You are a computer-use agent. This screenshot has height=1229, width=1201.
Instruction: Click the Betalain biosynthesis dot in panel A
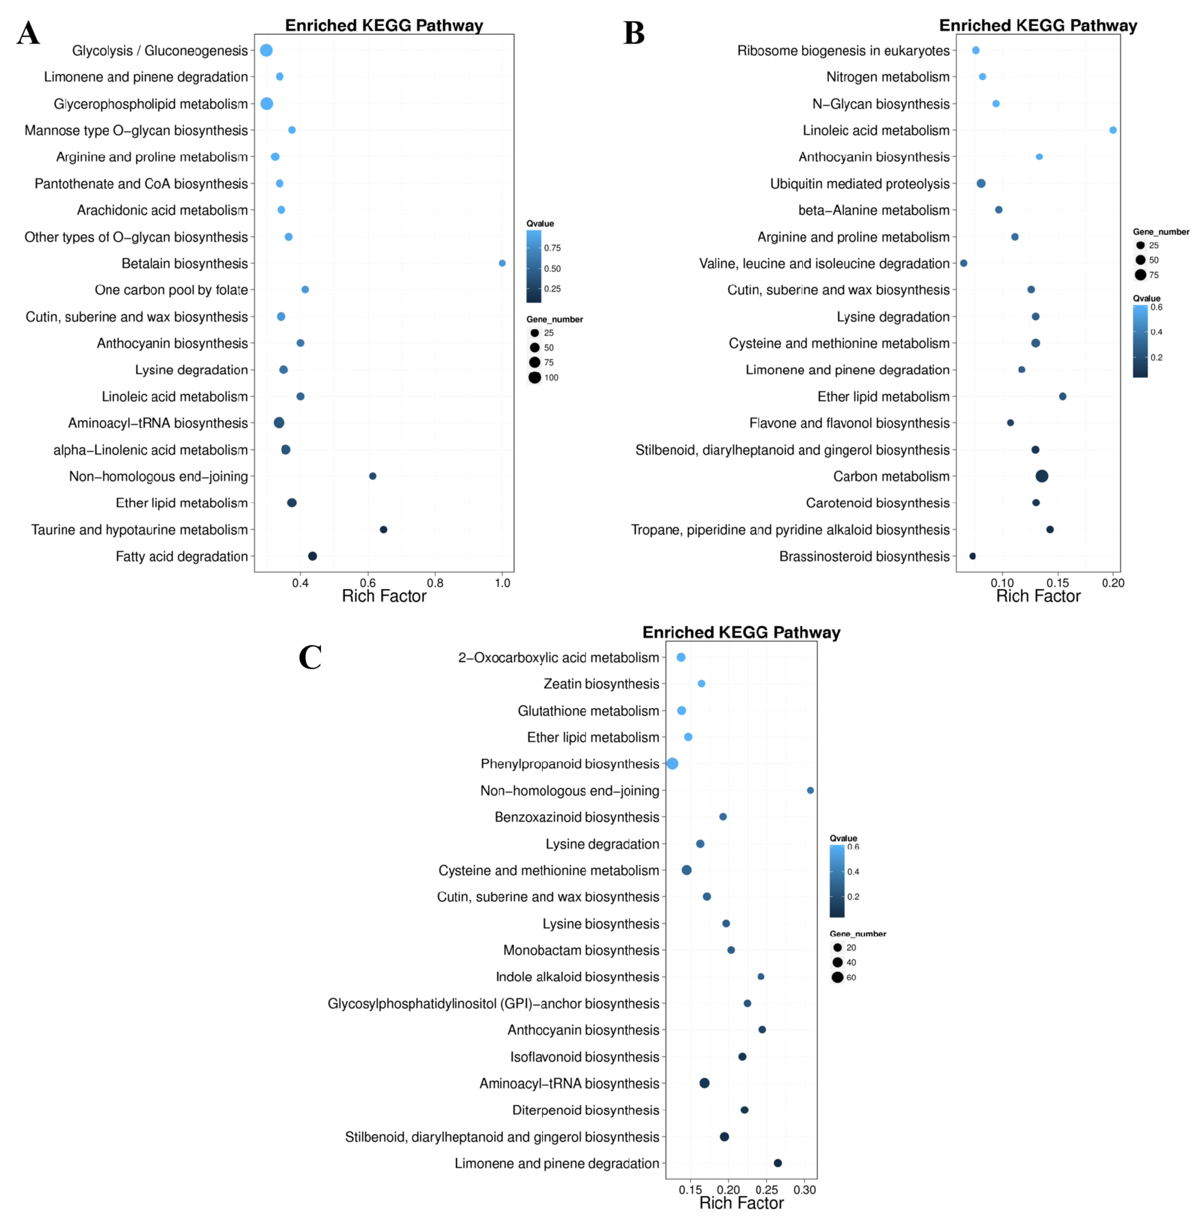pos(502,263)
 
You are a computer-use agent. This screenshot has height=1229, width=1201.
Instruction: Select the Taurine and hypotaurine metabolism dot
pos(383,529)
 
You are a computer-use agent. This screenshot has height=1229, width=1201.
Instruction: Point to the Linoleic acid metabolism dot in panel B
pos(1113,130)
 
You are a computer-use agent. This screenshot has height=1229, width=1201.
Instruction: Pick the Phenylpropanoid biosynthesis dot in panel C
pos(672,763)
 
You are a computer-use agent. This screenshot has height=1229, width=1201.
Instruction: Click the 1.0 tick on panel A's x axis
pos(502,583)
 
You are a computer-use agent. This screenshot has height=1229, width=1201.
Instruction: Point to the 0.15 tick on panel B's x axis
pos(1058,583)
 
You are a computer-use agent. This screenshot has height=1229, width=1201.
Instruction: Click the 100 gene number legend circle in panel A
pos(535,377)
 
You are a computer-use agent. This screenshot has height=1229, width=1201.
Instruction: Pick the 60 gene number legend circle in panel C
pos(837,977)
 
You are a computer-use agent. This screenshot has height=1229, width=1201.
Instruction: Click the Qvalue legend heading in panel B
pos(1146,298)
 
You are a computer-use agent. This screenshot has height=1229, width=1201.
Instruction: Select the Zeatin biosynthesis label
pos(601,684)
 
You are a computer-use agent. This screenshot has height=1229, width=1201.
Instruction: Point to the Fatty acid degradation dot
pos(312,556)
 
